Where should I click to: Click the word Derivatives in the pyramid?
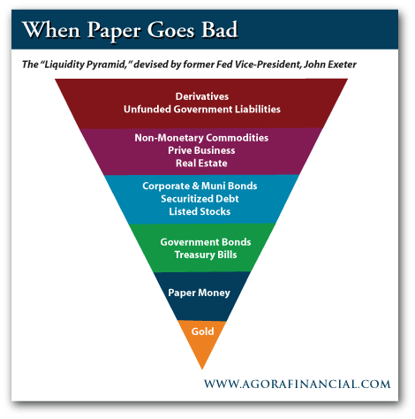pyautogui.click(x=202, y=96)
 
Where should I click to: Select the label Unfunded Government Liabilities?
pyautogui.click(x=202, y=110)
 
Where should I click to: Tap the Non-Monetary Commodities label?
pyautogui.click(x=201, y=138)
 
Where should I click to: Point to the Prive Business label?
pyautogui.click(x=201, y=150)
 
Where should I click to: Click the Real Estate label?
pyautogui.click(x=201, y=164)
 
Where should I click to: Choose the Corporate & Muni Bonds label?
pyautogui.click(x=200, y=186)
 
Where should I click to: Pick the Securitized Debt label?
pyautogui.click(x=200, y=199)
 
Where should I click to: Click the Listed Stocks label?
pyautogui.click(x=200, y=211)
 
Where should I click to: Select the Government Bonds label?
pyautogui.click(x=206, y=242)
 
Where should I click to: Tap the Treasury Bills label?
pyautogui.click(x=206, y=255)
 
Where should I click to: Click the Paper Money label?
pyautogui.click(x=200, y=293)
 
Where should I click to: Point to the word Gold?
pyautogui.click(x=202, y=331)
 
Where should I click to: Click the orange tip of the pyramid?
pyautogui.click(x=202, y=369)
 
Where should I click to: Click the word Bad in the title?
pyautogui.click(x=220, y=30)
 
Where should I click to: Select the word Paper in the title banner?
pyautogui.click(x=114, y=31)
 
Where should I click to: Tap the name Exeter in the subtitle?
pyautogui.click(x=342, y=65)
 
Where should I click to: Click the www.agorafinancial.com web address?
pyautogui.click(x=298, y=385)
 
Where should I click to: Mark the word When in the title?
pyautogui.click(x=51, y=30)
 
